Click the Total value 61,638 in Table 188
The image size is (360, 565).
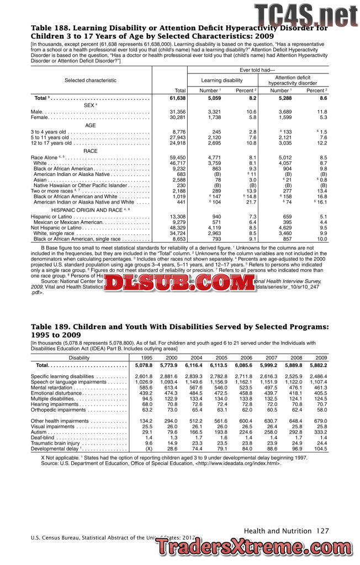point(176,98)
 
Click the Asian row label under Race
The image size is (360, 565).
point(40,179)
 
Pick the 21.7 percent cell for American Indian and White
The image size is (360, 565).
point(252,202)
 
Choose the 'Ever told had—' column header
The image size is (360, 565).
point(257,70)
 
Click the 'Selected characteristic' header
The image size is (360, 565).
point(91,81)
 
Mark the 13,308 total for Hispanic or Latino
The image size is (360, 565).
point(177,216)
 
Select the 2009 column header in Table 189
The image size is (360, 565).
point(321,358)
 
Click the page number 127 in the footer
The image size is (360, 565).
point(322,531)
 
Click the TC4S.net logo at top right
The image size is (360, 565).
point(305,14)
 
